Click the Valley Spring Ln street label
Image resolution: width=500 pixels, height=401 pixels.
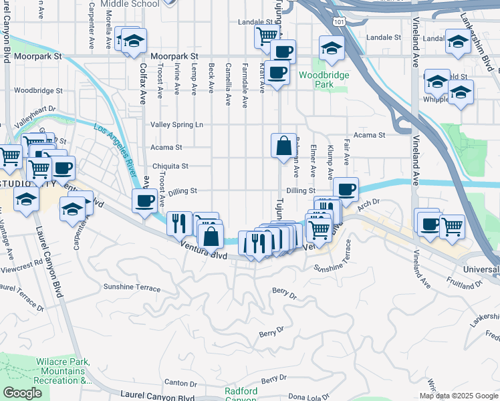(176, 125)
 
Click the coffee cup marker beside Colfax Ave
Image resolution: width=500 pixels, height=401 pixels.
(144, 200)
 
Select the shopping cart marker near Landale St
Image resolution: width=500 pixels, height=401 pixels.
(267, 35)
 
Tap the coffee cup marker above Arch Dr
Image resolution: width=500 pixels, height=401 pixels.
(346, 189)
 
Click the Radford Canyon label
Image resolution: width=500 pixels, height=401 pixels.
(241, 394)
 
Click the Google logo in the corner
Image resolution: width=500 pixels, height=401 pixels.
(23, 393)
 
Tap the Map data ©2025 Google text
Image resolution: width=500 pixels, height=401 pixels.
(458, 396)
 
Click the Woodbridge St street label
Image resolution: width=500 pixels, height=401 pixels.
(37, 90)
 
